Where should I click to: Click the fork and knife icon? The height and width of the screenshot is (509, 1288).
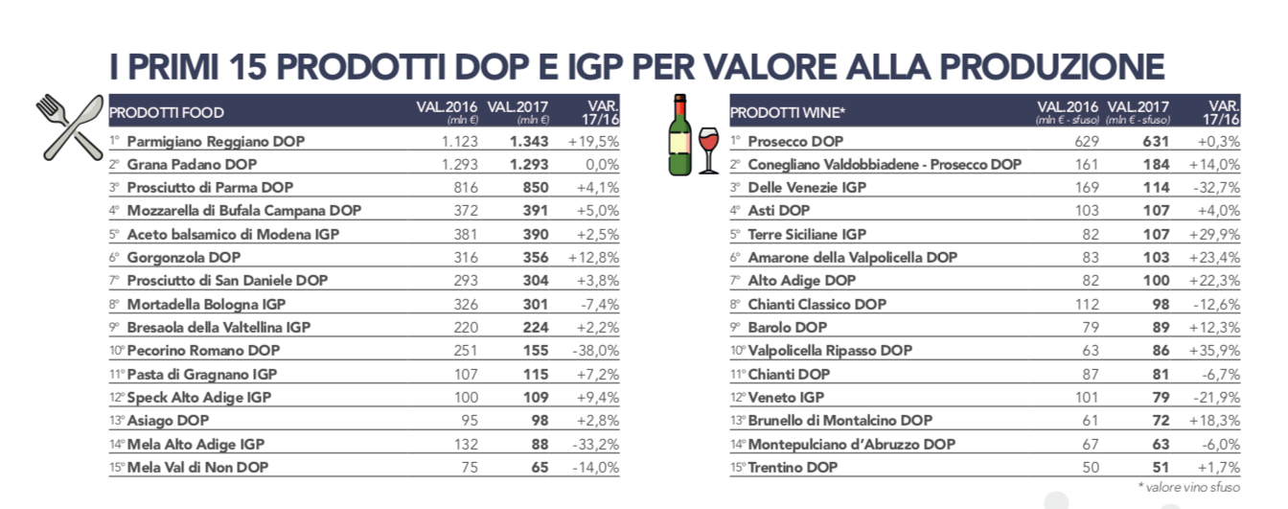coord(69,127)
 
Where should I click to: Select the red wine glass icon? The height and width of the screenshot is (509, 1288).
coord(708,150)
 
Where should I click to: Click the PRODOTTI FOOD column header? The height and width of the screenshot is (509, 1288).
coord(167,113)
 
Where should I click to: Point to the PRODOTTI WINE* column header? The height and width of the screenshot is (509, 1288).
coord(787,113)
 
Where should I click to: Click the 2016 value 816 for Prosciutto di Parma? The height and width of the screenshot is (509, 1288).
coord(465,188)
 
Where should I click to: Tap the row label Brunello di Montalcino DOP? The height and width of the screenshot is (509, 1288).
coord(839,421)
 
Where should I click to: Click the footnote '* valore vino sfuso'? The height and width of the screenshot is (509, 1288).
coord(1189,488)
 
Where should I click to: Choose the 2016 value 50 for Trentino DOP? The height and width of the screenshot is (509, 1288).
coord(1089,468)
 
